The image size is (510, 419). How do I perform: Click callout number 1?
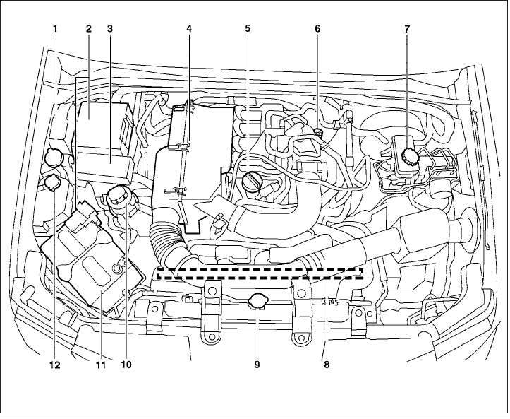pos(54,29)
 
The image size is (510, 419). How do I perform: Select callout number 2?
pos(89,29)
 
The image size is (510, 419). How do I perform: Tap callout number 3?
pos(110,29)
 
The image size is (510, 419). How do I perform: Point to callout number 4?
pos(189,29)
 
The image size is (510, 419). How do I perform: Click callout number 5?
pos(248,29)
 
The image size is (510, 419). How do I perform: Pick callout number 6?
pos(317,29)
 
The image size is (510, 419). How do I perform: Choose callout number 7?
pos(407,29)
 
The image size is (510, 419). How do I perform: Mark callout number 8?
pos(327,365)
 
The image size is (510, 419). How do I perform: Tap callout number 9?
pos(257,365)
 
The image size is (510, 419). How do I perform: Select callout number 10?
pos(126,365)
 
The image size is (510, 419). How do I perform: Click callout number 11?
pos(100,365)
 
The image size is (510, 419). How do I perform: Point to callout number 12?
pos(54,365)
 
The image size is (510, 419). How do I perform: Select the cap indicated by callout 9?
pos(257,303)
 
